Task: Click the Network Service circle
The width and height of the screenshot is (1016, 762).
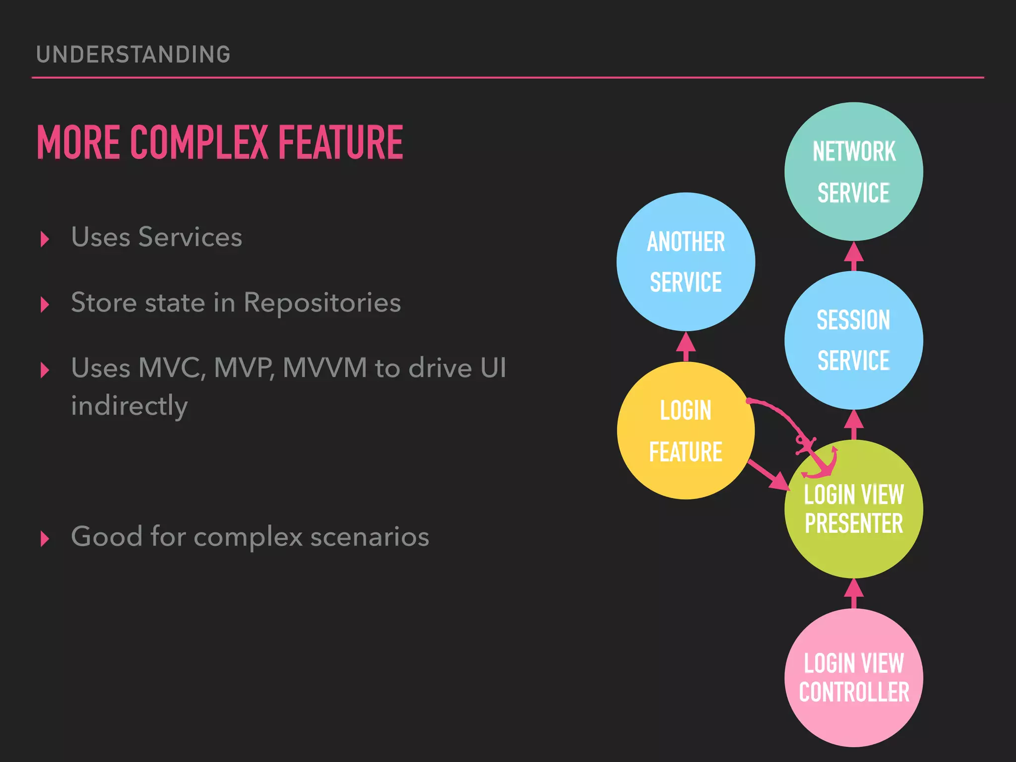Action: pyautogui.click(x=853, y=171)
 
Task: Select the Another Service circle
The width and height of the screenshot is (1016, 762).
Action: pyautogui.click(x=686, y=261)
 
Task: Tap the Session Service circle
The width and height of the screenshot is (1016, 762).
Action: pyautogui.click(x=853, y=340)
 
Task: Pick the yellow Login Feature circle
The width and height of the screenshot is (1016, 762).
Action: pyautogui.click(x=686, y=431)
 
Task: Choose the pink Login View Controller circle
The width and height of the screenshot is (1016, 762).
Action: pyautogui.click(x=853, y=678)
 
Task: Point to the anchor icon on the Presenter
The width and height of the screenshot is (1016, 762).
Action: pyautogui.click(x=819, y=459)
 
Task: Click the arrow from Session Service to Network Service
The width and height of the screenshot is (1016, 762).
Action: pyautogui.click(x=853, y=256)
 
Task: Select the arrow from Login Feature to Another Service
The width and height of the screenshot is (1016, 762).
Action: pyautogui.click(x=686, y=346)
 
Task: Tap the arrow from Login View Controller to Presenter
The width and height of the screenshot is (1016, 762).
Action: pyautogui.click(x=853, y=593)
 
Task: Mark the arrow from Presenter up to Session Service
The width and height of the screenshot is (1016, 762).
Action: pyautogui.click(x=853, y=425)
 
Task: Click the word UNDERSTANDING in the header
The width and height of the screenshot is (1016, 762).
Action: pyautogui.click(x=133, y=55)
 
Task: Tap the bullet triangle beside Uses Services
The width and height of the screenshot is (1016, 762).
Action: pyautogui.click(x=45, y=239)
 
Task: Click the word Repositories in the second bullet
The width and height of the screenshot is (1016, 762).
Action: pyautogui.click(x=322, y=303)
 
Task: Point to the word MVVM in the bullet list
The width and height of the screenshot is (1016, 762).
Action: pyautogui.click(x=324, y=368)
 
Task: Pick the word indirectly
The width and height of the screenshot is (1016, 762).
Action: pyautogui.click(x=129, y=406)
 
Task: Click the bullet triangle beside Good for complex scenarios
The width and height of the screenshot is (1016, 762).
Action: pyautogui.click(x=45, y=538)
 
